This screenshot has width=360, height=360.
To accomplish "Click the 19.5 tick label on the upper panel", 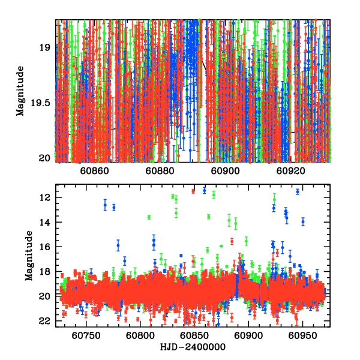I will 43,103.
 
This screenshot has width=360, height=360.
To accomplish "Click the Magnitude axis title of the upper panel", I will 21,91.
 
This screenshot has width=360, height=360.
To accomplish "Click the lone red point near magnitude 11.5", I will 193,191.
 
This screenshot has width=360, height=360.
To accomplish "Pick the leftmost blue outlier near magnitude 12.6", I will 105,205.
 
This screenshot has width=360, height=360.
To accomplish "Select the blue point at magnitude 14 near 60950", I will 303,221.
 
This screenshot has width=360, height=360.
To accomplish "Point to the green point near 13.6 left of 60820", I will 149,217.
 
